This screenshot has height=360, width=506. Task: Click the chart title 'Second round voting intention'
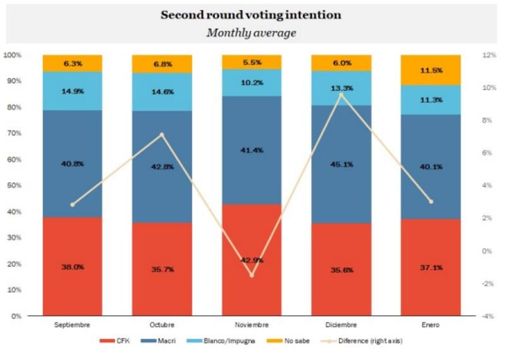[251, 15]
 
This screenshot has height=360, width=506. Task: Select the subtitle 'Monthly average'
[251, 33]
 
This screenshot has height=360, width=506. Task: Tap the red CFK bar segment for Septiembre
[72, 266]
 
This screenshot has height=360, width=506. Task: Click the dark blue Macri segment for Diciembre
[341, 164]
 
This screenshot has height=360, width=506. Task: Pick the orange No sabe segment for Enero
[430, 70]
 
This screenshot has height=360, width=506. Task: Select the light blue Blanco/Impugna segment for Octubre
[162, 92]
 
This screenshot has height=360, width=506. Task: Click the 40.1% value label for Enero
[430, 167]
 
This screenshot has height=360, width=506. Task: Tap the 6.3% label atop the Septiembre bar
[73, 63]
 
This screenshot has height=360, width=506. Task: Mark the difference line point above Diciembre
[341, 94]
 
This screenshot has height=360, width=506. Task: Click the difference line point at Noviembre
[251, 275]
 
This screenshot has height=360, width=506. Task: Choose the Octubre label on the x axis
[162, 324]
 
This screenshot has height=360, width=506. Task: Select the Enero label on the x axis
[430, 324]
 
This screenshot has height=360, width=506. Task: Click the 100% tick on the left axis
[12, 55]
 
